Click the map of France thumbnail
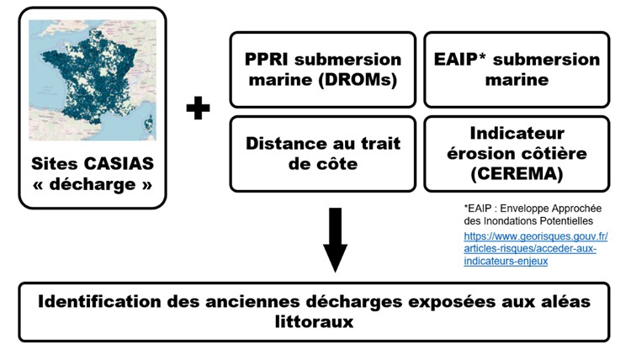click(92, 80)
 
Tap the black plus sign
click(198, 109)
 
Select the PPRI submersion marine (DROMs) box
click(323, 70)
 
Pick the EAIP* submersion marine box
click(517, 70)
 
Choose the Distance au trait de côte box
click(323, 153)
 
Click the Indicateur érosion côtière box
click(517, 153)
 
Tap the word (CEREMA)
click(517, 175)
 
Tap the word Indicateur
click(517, 133)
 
